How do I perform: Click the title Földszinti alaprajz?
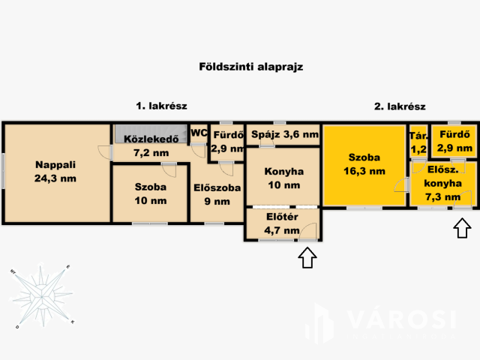point(240,67)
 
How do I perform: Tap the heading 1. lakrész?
point(160,106)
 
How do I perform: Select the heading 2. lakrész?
point(399,106)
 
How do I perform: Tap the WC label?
point(198,133)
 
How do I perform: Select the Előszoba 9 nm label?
point(217,194)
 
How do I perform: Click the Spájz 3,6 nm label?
point(284,136)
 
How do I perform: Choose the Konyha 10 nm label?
point(283,178)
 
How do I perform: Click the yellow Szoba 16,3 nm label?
point(364,164)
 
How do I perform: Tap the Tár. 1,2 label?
point(417,142)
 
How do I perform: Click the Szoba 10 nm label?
point(150,193)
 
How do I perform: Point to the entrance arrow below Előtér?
point(307,259)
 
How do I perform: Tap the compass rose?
point(43,295)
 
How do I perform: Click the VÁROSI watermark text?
point(401,320)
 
